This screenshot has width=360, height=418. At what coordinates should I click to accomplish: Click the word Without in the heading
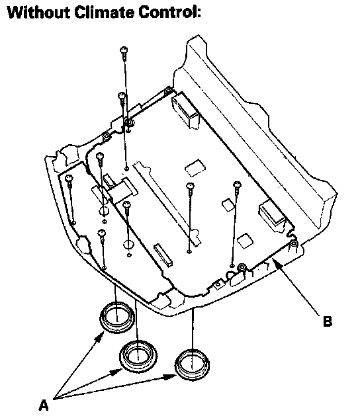point(38,13)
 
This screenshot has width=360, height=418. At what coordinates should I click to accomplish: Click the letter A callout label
point(44,405)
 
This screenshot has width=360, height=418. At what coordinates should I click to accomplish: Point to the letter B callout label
point(328,321)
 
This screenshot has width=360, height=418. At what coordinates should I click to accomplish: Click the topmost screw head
point(124,50)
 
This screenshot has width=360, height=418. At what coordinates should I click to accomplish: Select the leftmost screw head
point(69,178)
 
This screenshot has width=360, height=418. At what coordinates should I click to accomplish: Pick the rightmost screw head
point(237,185)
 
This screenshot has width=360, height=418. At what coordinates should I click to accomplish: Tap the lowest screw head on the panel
point(102,233)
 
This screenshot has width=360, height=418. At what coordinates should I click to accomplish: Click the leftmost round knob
point(116,317)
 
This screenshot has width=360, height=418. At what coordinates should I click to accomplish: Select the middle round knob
point(138,356)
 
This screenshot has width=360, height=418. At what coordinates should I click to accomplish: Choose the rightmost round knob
point(192,364)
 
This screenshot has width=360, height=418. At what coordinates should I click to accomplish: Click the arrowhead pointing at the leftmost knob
point(100,337)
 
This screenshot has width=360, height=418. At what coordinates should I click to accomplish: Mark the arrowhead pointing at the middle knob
point(116,372)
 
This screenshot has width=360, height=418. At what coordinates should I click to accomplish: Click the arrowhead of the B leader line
point(275,263)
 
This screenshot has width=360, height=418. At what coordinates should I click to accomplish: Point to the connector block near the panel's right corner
point(273,215)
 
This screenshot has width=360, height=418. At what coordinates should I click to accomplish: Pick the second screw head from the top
point(121,95)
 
